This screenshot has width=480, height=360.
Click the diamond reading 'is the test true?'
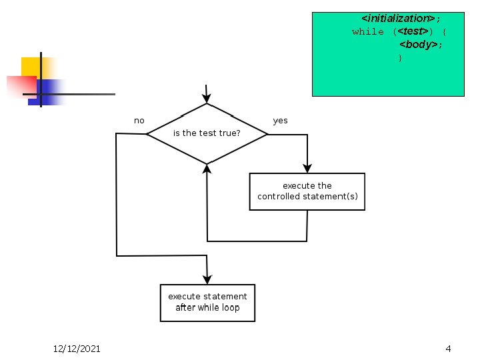point(207,133)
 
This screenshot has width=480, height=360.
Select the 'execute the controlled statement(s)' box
point(307,191)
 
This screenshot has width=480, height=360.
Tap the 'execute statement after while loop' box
point(207,302)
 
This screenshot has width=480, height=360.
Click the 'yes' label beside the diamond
point(281,121)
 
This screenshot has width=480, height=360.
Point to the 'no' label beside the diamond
point(139,121)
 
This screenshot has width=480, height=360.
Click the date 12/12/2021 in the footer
point(77,349)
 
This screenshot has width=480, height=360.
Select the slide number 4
point(448,349)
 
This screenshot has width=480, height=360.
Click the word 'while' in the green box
point(368,32)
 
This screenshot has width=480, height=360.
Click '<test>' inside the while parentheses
point(413,32)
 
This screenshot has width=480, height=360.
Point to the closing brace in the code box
point(400,58)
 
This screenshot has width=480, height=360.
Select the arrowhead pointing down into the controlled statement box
point(307,167)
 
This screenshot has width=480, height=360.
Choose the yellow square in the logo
point(30,67)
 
